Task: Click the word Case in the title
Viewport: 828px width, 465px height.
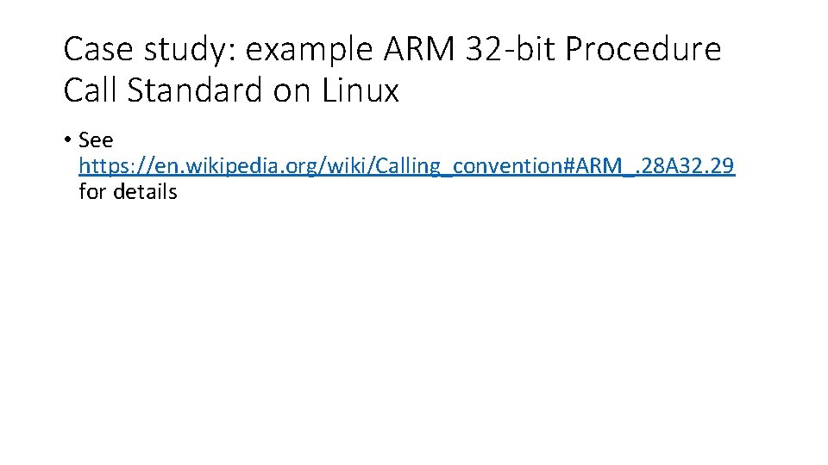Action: (97, 50)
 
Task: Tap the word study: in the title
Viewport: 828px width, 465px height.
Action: (184, 50)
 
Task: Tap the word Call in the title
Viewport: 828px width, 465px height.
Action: (91, 90)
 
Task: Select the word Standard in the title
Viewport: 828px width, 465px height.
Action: (196, 90)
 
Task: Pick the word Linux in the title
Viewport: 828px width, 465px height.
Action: (361, 90)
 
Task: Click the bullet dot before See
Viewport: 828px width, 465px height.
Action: (67, 140)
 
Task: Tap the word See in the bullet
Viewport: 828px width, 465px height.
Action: (96, 140)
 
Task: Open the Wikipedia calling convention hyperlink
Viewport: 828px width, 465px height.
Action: (406, 166)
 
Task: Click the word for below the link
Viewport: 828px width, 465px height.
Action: (93, 191)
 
